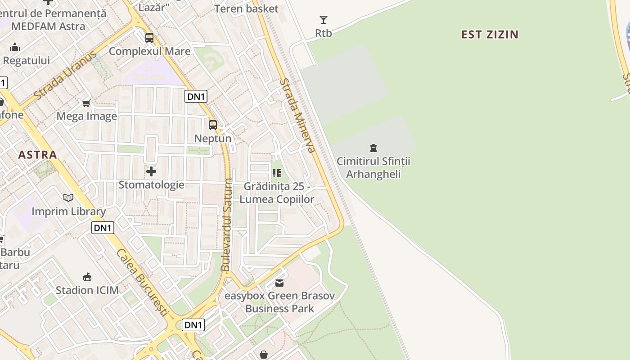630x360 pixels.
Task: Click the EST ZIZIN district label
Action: tap(490, 34)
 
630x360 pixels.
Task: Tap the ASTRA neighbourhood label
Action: tap(38, 155)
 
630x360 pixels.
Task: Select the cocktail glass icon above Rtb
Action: tap(323, 20)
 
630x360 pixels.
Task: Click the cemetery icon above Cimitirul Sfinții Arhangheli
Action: tap(373, 148)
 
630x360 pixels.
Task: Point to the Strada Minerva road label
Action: tap(298, 116)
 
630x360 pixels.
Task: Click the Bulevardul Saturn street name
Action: tap(227, 225)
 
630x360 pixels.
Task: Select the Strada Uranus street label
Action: tap(65, 76)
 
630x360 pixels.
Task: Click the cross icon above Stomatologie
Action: tap(151, 171)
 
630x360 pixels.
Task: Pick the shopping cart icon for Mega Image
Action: tap(86, 103)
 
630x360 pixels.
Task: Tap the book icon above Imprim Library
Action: tap(68, 198)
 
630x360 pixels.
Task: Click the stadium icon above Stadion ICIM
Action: tap(87, 277)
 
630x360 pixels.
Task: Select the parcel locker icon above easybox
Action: tap(279, 283)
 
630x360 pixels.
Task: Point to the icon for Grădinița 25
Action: tap(277, 173)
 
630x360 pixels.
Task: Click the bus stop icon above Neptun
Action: tap(213, 125)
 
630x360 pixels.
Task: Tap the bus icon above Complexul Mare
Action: tap(149, 38)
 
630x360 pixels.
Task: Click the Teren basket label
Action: tap(246, 9)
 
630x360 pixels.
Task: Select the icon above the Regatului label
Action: tap(15, 47)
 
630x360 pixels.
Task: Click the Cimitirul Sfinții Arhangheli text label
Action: tap(373, 167)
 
